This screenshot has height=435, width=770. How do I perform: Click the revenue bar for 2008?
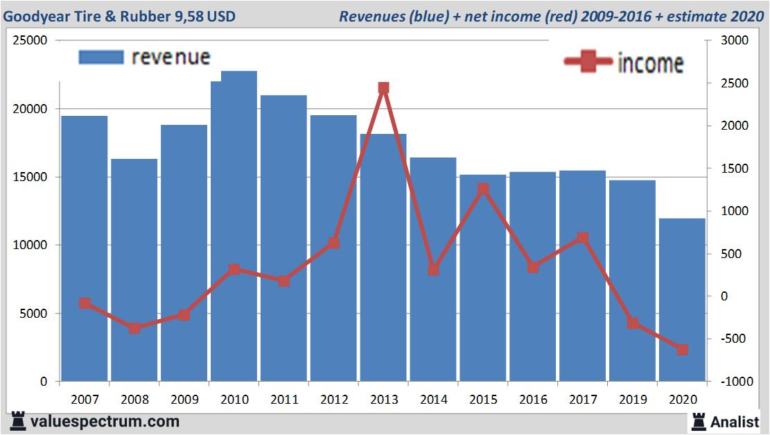point(134,271)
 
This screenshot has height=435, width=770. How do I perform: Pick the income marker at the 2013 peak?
point(383,88)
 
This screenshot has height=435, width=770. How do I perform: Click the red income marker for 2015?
point(483,189)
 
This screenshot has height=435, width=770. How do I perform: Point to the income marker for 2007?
point(85,303)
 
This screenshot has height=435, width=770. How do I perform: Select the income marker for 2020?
point(682,350)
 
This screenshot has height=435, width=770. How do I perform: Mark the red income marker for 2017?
point(582,238)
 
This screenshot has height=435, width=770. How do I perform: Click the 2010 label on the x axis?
point(234,400)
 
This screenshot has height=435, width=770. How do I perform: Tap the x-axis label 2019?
point(632,400)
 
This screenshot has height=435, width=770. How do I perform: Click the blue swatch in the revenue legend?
point(101,57)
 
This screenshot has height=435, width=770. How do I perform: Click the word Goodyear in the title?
point(35,16)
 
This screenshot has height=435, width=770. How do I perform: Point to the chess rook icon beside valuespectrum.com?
point(17,421)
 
